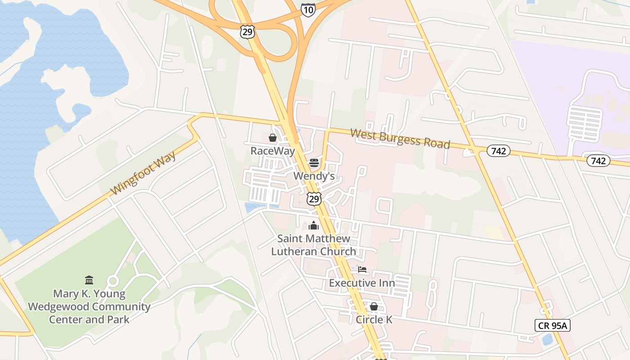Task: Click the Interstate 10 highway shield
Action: (308, 9)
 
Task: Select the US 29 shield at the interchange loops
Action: (247, 31)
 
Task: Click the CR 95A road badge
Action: (552, 325)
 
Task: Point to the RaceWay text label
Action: (273, 151)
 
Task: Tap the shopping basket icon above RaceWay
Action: (273, 138)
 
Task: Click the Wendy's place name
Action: (314, 176)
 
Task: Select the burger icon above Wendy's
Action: (314, 163)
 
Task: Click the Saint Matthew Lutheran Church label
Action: (314, 245)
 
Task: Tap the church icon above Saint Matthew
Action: (314, 225)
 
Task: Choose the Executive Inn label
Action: (362, 283)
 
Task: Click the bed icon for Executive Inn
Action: (362, 270)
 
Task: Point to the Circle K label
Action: (374, 319)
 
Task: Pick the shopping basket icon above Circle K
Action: (373, 307)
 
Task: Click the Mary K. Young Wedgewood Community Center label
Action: (89, 306)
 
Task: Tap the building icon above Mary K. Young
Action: (89, 280)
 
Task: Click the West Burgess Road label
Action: (400, 138)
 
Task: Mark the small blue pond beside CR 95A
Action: (548, 339)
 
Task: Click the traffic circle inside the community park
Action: (112, 281)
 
